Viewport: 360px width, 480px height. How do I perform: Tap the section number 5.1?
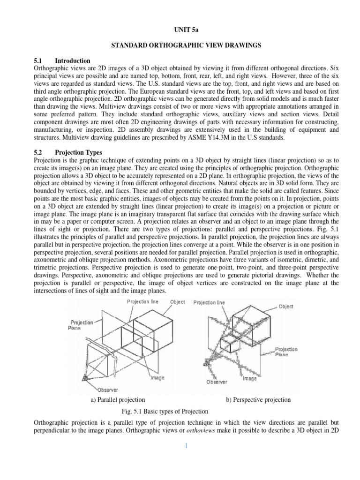[x=38, y=61]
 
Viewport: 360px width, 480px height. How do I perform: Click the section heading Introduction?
[x=73, y=61]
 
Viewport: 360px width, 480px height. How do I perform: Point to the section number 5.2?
[x=38, y=152]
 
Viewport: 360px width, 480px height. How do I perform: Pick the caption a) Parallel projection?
[x=118, y=400]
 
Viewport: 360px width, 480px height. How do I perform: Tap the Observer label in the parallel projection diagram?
[x=108, y=390]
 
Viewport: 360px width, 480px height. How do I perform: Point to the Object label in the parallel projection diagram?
[x=177, y=302]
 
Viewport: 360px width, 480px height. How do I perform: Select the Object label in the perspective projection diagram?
[x=286, y=307]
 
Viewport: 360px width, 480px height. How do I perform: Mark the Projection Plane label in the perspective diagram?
[x=286, y=352]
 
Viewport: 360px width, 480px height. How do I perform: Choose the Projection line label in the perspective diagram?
[x=209, y=302]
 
